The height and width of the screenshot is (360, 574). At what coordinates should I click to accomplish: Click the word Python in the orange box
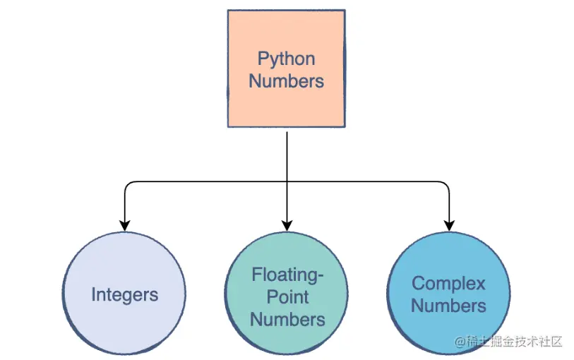click(x=286, y=59)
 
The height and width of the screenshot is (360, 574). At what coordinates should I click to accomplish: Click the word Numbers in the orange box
click(x=286, y=81)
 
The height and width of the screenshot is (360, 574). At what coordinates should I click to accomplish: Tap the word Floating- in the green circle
click(x=287, y=275)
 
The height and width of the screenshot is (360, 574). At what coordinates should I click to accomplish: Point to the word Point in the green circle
click(x=287, y=296)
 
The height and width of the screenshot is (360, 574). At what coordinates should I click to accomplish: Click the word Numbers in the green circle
click(x=287, y=319)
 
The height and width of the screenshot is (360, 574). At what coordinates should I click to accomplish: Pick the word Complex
click(x=448, y=284)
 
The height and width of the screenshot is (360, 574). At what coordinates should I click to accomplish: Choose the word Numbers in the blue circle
click(x=448, y=306)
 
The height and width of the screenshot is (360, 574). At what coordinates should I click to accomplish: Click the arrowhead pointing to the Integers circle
click(x=125, y=226)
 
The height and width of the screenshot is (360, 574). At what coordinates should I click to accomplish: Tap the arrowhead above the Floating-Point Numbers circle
click(x=287, y=226)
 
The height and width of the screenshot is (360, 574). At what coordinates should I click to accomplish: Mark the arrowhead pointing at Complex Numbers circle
click(x=449, y=226)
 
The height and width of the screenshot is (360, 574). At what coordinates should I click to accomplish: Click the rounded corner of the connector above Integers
click(x=127, y=184)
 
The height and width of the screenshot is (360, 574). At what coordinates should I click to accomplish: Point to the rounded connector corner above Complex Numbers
click(x=447, y=184)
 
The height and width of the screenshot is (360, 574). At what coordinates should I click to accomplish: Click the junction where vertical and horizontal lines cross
click(x=287, y=181)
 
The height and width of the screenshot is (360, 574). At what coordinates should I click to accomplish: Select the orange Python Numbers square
click(x=286, y=68)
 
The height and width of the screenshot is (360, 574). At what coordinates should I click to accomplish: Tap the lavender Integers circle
click(x=124, y=294)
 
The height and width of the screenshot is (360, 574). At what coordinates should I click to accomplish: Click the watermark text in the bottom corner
click(x=508, y=342)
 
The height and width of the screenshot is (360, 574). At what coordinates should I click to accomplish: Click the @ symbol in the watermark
click(x=460, y=342)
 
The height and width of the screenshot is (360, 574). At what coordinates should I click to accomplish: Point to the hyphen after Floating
click(x=321, y=277)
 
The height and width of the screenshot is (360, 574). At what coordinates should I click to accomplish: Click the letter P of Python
click(x=263, y=59)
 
